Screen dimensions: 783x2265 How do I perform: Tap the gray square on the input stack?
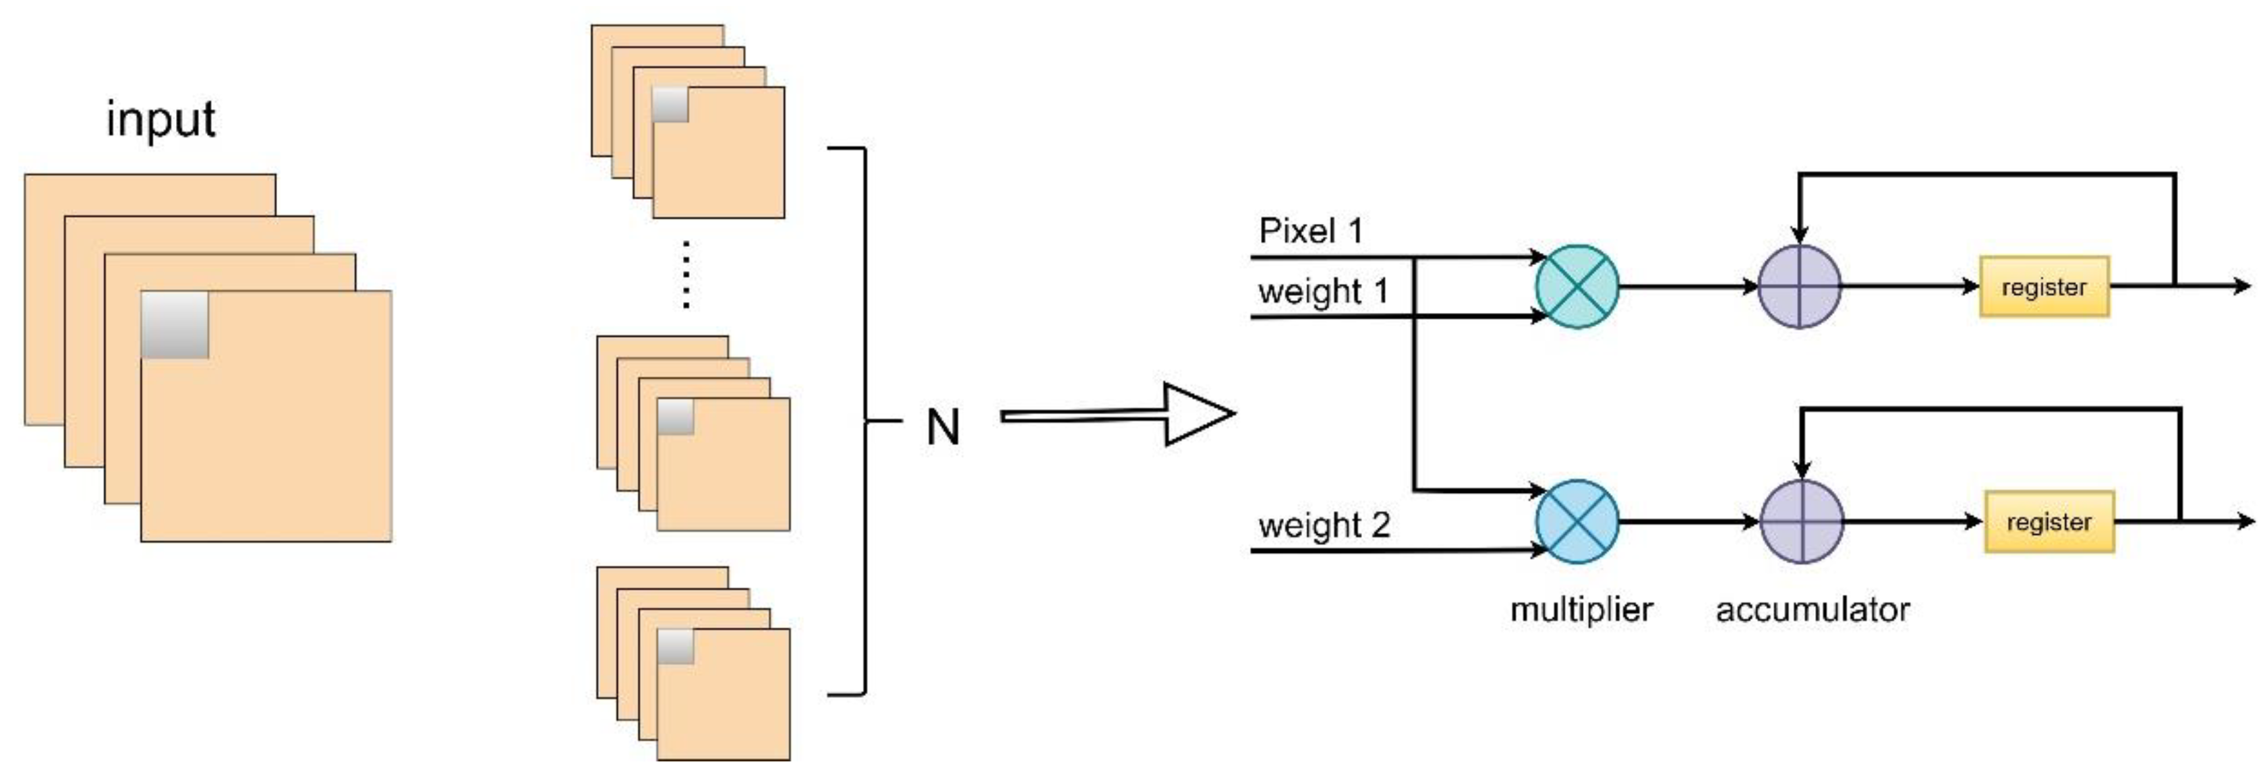click(175, 324)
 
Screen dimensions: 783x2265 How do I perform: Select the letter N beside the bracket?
click(943, 428)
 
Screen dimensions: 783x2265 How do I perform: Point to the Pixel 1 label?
click(1310, 231)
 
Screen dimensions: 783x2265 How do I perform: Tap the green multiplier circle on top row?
click(1577, 287)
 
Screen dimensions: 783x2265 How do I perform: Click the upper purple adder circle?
click(1799, 287)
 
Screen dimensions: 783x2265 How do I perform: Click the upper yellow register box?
click(2043, 287)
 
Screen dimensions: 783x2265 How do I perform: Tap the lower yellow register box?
click(2049, 522)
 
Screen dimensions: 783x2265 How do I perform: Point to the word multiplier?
click(1581, 609)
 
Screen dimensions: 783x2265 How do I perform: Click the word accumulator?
click(1812, 609)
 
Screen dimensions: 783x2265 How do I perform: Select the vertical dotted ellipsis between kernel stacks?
click(686, 274)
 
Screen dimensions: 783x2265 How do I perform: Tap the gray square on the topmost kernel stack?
click(670, 105)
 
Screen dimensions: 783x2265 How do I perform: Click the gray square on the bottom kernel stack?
click(675, 647)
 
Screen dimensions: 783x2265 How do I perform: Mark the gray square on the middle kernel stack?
click(675, 416)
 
